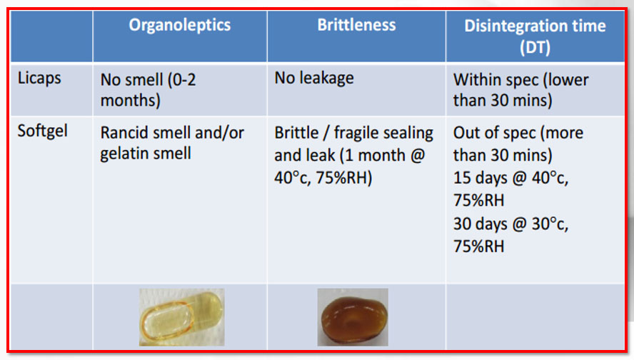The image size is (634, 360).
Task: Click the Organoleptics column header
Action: tap(179, 26)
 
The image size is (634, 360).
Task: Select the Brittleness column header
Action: tap(356, 25)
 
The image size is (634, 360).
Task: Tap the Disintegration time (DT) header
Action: tap(535, 36)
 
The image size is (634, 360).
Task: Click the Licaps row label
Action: tap(39, 79)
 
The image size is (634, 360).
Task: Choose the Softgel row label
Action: tap(42, 131)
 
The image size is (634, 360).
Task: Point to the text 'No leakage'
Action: tap(313, 78)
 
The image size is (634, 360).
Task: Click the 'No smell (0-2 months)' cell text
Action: tap(148, 90)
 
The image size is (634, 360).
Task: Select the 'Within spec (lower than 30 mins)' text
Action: tap(520, 90)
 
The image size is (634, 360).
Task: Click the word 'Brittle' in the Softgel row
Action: tap(296, 133)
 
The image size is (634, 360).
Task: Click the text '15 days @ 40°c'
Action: tap(510, 178)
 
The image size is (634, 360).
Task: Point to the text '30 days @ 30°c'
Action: tap(510, 224)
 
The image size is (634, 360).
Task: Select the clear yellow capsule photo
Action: tap(181, 317)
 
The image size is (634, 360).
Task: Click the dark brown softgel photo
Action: tap(353, 317)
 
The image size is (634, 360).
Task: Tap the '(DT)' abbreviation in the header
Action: tap(535, 48)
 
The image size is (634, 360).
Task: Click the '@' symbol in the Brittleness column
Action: tap(417, 155)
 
